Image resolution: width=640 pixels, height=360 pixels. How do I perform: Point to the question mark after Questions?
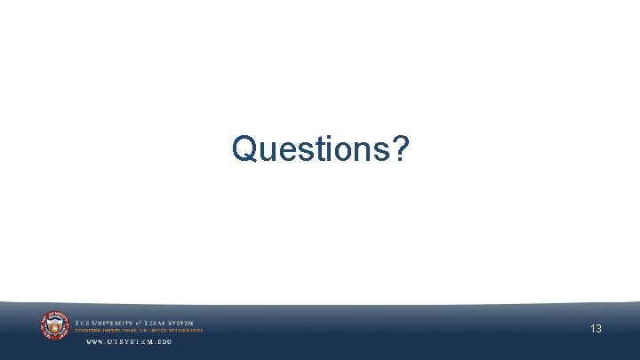401,148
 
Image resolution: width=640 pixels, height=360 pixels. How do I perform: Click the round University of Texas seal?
54,326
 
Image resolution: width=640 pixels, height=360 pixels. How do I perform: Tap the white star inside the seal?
54,321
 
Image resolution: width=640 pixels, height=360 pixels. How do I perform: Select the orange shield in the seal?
54,328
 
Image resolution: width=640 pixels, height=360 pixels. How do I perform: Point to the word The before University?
81,323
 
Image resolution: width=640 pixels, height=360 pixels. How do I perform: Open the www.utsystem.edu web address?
128,341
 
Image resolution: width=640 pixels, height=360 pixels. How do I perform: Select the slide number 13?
596,329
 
